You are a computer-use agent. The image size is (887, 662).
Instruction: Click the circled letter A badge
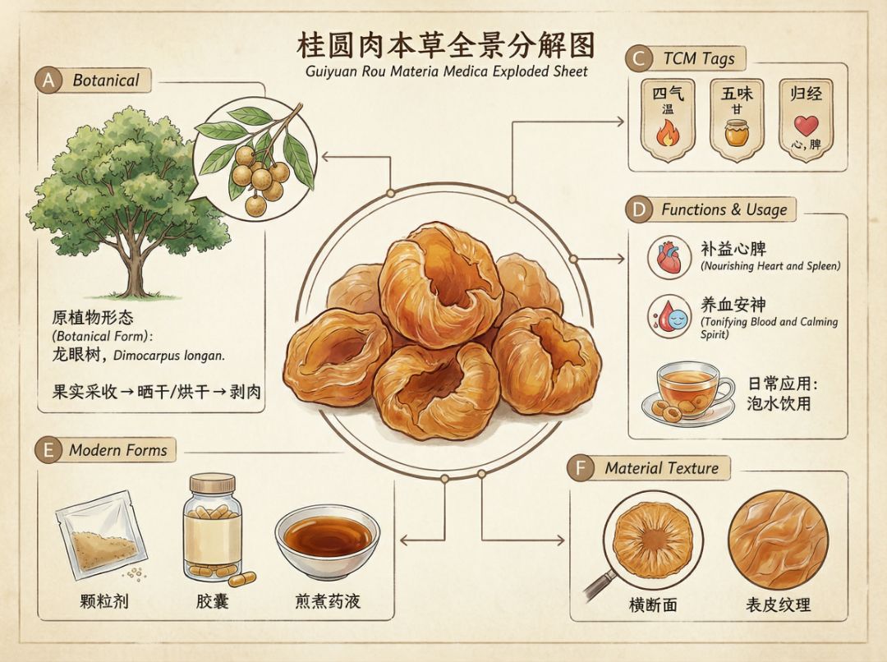[x=48, y=80]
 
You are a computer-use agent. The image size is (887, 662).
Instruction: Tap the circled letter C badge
[x=639, y=59]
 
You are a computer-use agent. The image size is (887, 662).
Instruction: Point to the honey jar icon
[x=736, y=133]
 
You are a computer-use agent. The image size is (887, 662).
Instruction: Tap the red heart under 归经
[x=806, y=126]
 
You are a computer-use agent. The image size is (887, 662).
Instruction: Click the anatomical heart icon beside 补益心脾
[x=669, y=257]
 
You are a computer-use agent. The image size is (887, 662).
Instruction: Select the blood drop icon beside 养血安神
[x=669, y=316]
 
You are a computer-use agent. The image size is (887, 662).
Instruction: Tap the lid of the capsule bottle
[x=212, y=483]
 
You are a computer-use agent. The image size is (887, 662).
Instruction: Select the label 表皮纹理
[x=778, y=605]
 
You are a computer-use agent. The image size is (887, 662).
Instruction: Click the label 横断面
[x=653, y=605]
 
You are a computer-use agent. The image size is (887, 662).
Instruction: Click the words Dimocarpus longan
[x=169, y=356]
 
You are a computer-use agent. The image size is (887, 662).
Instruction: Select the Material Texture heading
[x=661, y=468]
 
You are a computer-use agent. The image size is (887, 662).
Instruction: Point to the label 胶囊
[x=212, y=600]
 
